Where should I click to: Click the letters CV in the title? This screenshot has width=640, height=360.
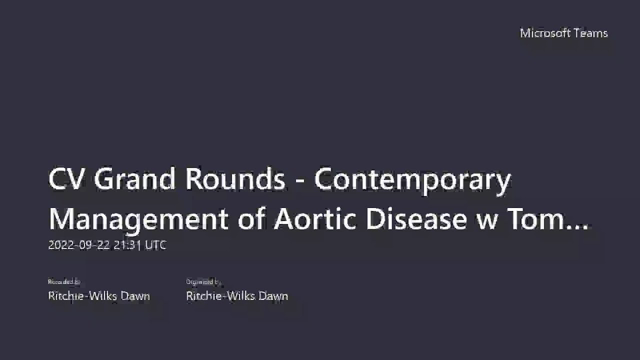pyautogui.click(x=65, y=180)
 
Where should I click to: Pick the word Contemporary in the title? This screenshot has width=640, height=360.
pyautogui.click(x=413, y=181)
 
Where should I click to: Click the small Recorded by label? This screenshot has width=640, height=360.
pyautogui.click(x=64, y=283)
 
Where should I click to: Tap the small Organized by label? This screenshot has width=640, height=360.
pyautogui.click(x=204, y=283)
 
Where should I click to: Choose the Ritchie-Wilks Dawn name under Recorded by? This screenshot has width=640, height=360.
pyautogui.click(x=99, y=296)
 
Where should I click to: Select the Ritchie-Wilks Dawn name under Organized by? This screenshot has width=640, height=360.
pyautogui.click(x=237, y=296)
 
